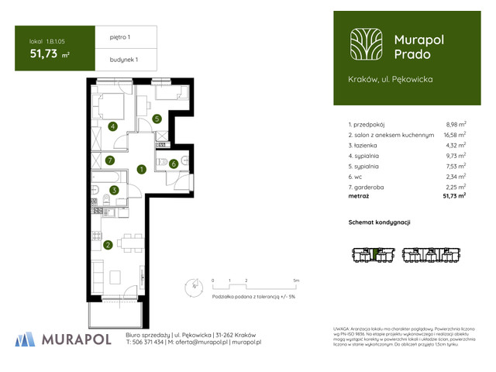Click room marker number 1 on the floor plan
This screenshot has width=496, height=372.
tap(141, 169)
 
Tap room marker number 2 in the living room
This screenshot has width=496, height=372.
tap(108, 246)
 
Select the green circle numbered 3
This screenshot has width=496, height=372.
tap(114, 191)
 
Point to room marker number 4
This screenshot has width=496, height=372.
tap(113, 126)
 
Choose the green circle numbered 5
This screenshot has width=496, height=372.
tap(157, 119)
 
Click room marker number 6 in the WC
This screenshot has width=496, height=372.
tap(174, 164)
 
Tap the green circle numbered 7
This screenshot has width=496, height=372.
tap(110, 160)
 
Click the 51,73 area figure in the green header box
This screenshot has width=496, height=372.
tap(44, 53)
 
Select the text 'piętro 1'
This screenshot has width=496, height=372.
tap(113, 36)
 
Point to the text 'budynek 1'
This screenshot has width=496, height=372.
tap(115, 60)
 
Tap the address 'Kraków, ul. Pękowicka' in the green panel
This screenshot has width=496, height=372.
tap(391, 79)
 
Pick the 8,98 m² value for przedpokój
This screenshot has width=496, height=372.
tap(456, 124)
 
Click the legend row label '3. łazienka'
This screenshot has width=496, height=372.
tap(367, 145)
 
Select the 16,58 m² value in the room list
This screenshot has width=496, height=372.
tap(454, 134)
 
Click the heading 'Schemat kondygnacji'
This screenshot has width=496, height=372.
tap(379, 222)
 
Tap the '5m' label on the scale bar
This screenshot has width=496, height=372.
tap(295, 280)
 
